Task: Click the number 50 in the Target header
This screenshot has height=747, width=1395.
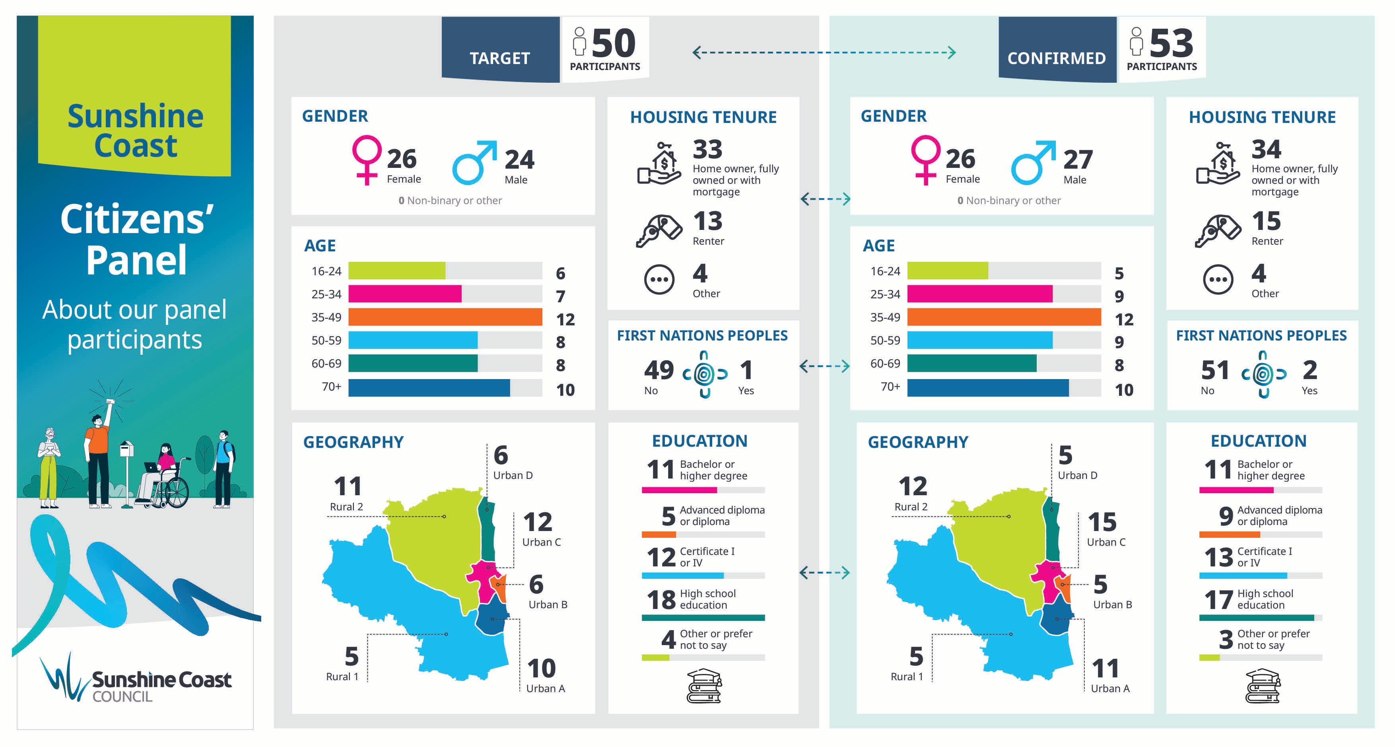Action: (614, 43)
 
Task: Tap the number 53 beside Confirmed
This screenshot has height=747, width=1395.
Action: (1172, 43)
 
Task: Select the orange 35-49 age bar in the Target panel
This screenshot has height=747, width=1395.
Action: (445, 317)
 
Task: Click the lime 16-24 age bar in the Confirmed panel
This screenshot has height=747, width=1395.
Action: (947, 270)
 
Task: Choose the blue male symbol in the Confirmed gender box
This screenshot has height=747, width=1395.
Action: (1032, 163)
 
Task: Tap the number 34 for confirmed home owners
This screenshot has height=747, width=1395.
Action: (1266, 150)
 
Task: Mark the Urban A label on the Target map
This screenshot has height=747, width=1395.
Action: (545, 689)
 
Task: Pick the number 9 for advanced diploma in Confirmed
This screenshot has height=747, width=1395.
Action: (1226, 516)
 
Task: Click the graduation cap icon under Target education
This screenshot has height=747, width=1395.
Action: (704, 686)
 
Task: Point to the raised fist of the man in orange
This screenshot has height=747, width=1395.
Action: (111, 402)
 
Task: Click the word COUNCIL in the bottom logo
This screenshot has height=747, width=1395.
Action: (122, 696)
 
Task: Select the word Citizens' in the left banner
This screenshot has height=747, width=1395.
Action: (136, 220)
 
